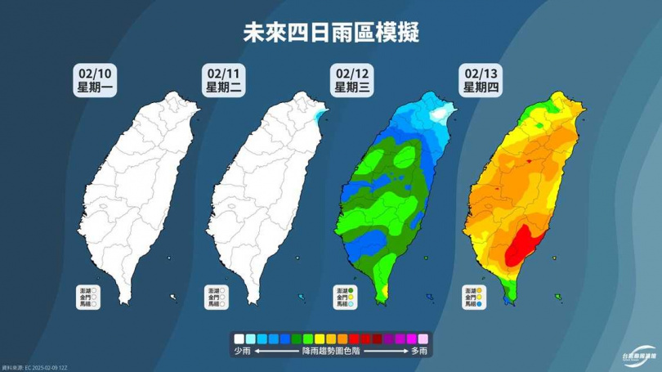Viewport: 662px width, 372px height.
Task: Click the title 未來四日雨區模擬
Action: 330,34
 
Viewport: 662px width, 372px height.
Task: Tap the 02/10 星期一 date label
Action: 93,81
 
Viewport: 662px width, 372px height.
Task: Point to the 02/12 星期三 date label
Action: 353,81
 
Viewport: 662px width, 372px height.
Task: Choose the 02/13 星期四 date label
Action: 483,81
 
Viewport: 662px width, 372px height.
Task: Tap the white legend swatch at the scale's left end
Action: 238,337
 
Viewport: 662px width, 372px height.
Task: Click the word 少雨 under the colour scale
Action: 240,351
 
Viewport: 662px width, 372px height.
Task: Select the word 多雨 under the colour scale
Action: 419,351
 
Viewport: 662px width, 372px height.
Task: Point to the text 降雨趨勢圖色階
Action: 329,351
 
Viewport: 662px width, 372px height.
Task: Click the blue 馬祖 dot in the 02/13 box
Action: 481,304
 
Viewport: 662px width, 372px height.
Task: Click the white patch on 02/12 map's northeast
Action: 442,113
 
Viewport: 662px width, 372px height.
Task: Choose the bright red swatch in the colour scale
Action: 353,337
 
